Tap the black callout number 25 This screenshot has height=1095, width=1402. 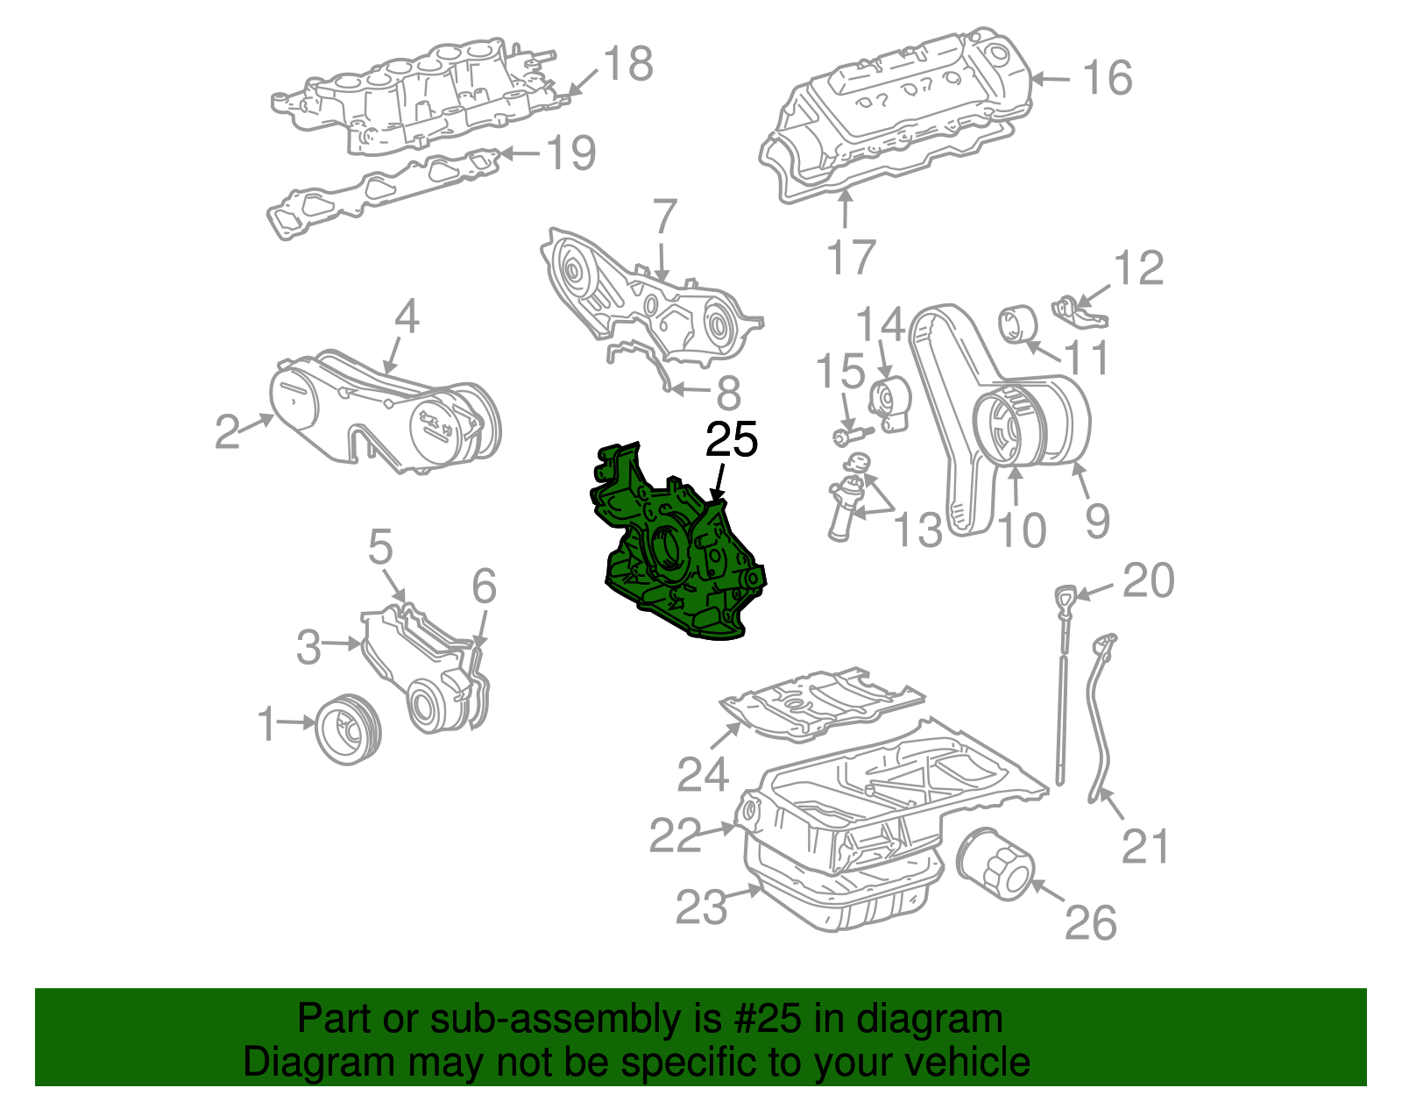[732, 441]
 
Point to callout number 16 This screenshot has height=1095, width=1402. [1108, 78]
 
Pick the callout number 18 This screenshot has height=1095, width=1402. [627, 64]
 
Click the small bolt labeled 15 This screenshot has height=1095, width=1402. [850, 435]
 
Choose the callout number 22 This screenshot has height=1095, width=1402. [675, 835]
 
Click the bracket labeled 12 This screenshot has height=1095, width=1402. [1079, 311]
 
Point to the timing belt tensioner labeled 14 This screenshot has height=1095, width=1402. [890, 405]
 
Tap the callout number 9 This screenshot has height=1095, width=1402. [1097, 520]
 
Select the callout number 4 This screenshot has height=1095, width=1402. [407, 316]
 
